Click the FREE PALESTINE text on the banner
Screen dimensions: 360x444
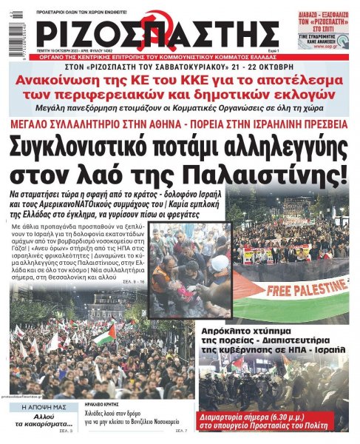click(304, 288)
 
